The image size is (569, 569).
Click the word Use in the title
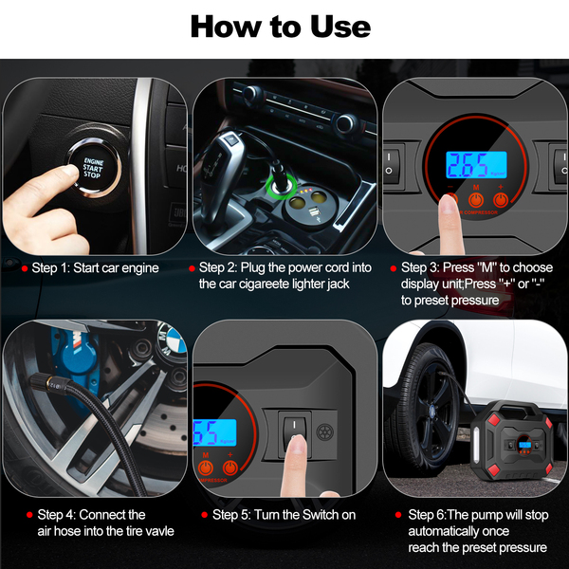[x=340, y=27]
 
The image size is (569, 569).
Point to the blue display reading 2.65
[x=476, y=165]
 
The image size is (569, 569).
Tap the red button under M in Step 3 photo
[x=476, y=200]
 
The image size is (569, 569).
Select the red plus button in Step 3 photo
[x=501, y=200]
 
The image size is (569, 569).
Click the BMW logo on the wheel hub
[x=172, y=339]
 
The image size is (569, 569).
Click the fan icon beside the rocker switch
[x=324, y=431]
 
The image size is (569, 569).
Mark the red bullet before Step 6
[x=398, y=515]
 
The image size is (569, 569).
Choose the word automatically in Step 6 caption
[x=459, y=531]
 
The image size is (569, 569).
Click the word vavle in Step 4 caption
[x=159, y=531]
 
